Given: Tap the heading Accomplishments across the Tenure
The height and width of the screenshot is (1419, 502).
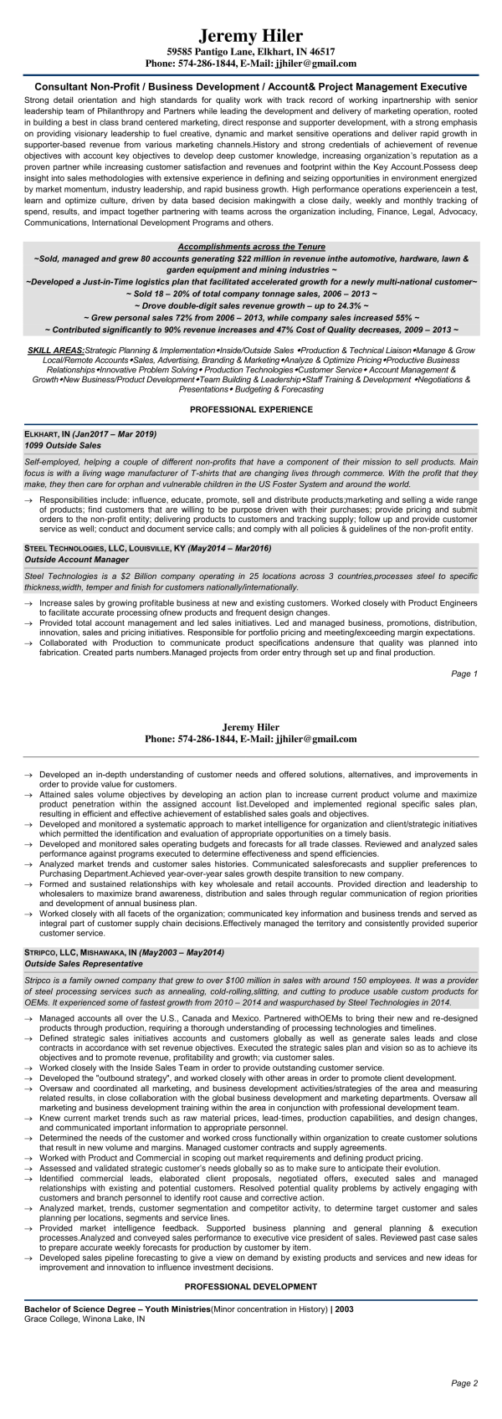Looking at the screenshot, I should [251, 248].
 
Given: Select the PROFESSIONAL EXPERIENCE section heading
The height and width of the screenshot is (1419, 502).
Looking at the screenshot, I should [251, 410].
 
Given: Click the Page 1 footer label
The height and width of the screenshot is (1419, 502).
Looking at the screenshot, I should [464, 674].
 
